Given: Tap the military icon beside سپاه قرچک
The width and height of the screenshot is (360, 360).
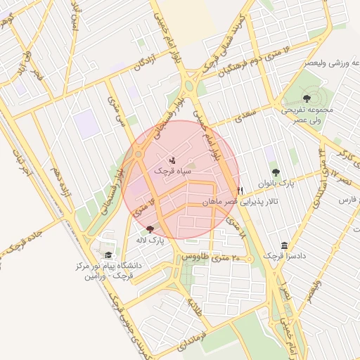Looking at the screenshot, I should pyautogui.click(x=173, y=161).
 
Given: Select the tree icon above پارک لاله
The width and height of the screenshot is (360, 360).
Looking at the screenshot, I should pyautogui.click(x=149, y=229).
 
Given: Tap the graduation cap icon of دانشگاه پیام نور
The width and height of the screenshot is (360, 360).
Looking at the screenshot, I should pyautogui.click(x=108, y=255).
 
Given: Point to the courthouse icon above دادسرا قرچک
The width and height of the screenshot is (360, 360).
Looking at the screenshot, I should pyautogui.click(x=284, y=245).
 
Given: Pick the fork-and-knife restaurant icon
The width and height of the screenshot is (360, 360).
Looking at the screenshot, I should pyautogui.click(x=240, y=191).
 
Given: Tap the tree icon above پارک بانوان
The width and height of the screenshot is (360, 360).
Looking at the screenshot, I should pyautogui.click(x=275, y=172).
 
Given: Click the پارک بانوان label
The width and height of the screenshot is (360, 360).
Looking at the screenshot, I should pyautogui.click(x=274, y=183).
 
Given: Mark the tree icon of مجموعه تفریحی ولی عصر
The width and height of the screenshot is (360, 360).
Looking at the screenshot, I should pyautogui.click(x=307, y=98).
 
